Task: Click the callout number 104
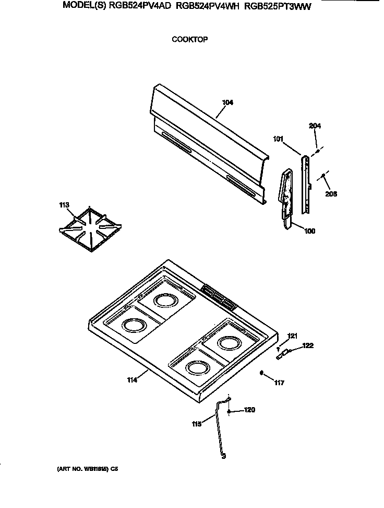coord(227,102)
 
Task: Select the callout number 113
coord(64,205)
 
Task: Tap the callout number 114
coord(131,380)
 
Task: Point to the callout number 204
coord(315,126)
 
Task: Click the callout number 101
coord(279,138)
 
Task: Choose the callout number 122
coord(308,345)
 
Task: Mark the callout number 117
coord(280,383)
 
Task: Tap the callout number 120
coord(250,411)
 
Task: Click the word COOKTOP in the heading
coord(190,39)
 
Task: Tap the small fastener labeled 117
coord(261,373)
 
